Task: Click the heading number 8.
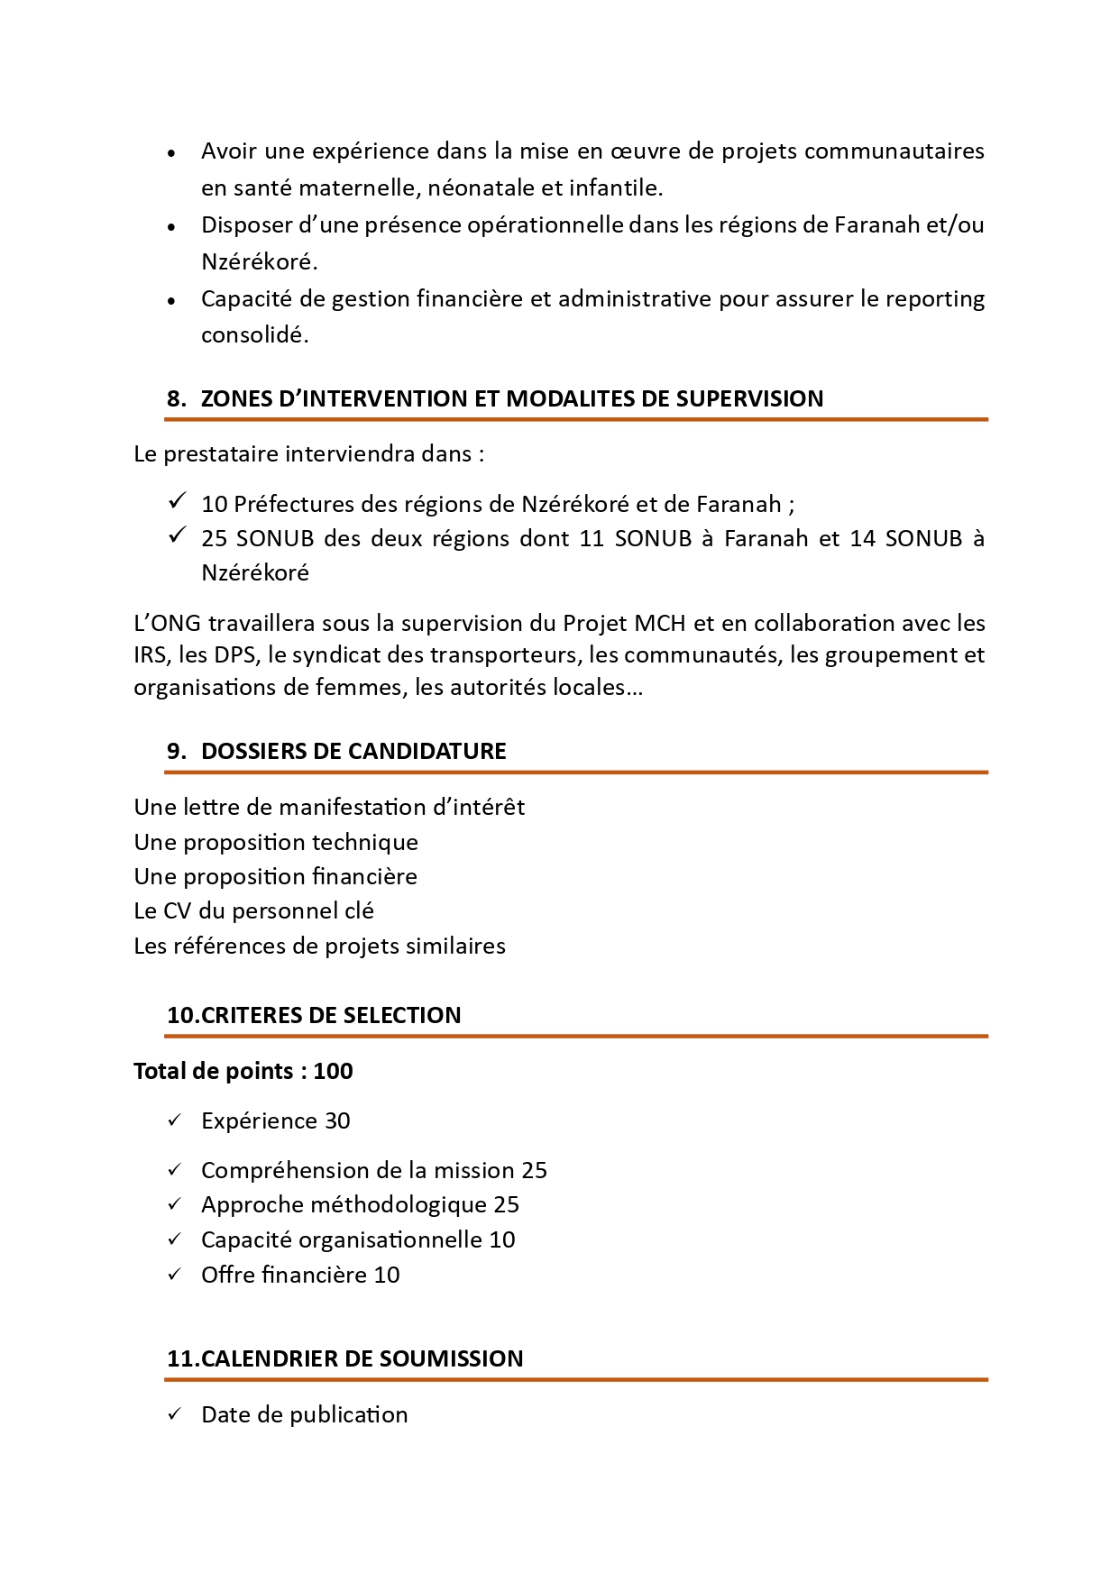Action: point(176,399)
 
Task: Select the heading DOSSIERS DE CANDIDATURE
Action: point(353,752)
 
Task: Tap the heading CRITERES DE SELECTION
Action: point(331,1016)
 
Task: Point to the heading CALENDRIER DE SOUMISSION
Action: point(362,1359)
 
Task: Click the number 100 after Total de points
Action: point(333,1072)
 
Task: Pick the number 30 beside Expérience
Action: point(337,1121)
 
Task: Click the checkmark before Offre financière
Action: point(175,1275)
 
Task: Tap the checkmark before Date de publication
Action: point(175,1414)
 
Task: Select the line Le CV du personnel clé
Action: point(253,911)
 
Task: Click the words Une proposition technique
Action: point(276,843)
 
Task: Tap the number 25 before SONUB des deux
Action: point(214,539)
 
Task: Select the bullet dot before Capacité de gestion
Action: point(171,301)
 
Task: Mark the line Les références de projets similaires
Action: point(319,946)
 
